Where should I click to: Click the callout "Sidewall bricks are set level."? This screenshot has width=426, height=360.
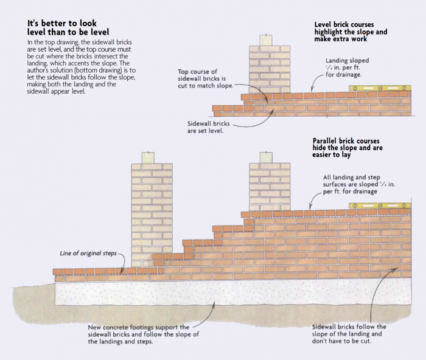click(x=209, y=126)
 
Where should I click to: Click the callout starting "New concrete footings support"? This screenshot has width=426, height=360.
click(x=144, y=334)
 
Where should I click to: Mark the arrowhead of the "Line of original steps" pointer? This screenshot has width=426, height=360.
click(x=122, y=272)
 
